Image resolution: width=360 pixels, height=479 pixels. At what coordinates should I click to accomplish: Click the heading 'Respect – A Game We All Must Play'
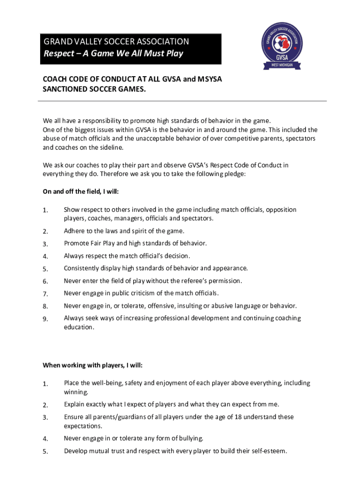[x=113, y=53]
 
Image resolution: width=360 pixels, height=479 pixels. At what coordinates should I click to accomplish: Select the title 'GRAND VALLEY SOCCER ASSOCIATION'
[x=116, y=42]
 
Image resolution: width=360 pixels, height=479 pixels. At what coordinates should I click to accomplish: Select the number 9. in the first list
[x=45, y=319]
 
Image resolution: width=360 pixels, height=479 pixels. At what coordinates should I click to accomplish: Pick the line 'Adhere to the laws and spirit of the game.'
[x=124, y=231]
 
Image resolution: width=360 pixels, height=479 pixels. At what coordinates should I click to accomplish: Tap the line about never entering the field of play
[x=153, y=281]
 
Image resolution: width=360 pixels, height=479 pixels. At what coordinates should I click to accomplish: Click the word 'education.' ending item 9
[x=79, y=327]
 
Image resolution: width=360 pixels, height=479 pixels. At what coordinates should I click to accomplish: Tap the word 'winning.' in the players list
[x=76, y=392]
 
